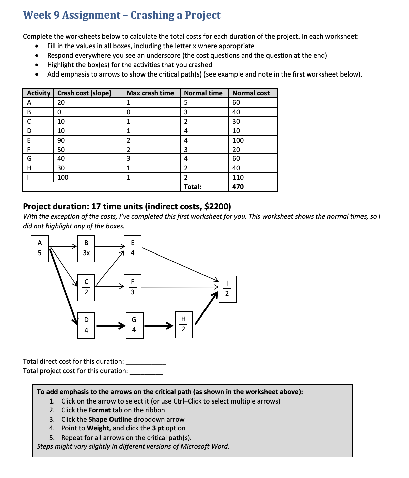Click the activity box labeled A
pyautogui.click(x=40, y=248)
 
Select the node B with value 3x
pyautogui.click(x=86, y=248)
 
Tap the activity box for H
pyautogui.click(x=183, y=325)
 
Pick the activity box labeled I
pyautogui.click(x=227, y=289)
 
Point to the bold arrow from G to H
pyautogui.click(x=158, y=326)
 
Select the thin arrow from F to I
pyautogui.click(x=179, y=287)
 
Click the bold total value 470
pyautogui.click(x=238, y=187)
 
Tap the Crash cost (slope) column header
pyautogui.click(x=84, y=93)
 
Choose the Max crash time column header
pyautogui.click(x=150, y=93)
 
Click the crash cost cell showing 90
pyautogui.click(x=61, y=140)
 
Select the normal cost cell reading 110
pyautogui.click(x=238, y=177)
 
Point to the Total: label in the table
pyautogui.click(x=193, y=187)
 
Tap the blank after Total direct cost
pyautogui.click(x=146, y=362)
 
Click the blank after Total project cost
pyautogui.click(x=146, y=371)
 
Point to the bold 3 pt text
pyautogui.click(x=158, y=428)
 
